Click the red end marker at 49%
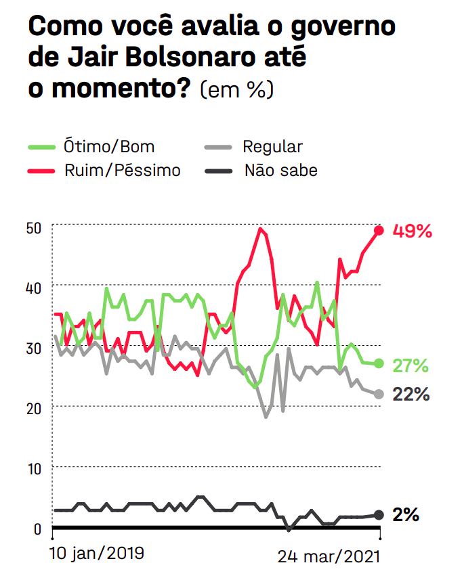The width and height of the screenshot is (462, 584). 379,231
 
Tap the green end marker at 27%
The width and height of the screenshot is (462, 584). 379,364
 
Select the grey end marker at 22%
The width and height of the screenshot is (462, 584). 379,395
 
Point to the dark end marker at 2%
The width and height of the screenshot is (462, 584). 379,515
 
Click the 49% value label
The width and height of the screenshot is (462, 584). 413,231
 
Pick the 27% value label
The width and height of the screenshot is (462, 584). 411,366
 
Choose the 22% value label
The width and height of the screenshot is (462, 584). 411,395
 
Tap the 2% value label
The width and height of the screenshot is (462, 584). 406,515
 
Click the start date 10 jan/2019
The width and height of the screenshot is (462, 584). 97,553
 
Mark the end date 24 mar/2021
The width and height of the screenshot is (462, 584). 329,556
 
